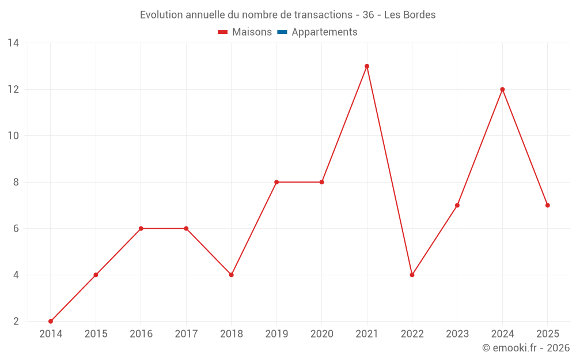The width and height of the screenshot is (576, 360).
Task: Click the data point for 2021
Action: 366,66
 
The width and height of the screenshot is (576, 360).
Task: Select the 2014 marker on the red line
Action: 51,321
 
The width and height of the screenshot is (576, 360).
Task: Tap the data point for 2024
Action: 502,90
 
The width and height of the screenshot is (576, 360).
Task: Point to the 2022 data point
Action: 412,275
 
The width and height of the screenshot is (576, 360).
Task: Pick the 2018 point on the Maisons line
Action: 231,275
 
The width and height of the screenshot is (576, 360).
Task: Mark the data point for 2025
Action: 547,206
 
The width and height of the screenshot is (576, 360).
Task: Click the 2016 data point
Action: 141,229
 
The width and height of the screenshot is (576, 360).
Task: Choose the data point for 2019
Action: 276,182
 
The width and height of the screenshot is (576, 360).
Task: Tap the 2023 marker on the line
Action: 457,206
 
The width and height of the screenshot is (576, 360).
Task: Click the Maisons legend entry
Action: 245,32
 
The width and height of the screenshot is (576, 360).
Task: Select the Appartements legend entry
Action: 317,32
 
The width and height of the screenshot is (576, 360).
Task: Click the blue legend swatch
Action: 282,32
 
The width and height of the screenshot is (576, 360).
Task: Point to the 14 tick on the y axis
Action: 13,43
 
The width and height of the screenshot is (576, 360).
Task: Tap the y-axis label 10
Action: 13,136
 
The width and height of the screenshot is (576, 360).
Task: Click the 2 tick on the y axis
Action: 16,321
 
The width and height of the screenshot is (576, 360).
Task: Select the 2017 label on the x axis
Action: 186,334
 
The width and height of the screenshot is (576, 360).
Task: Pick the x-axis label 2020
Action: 322,334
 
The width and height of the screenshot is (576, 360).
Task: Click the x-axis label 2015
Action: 96,334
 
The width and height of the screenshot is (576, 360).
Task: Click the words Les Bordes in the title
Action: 410,15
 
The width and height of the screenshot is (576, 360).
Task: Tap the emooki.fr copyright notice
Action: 526,347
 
